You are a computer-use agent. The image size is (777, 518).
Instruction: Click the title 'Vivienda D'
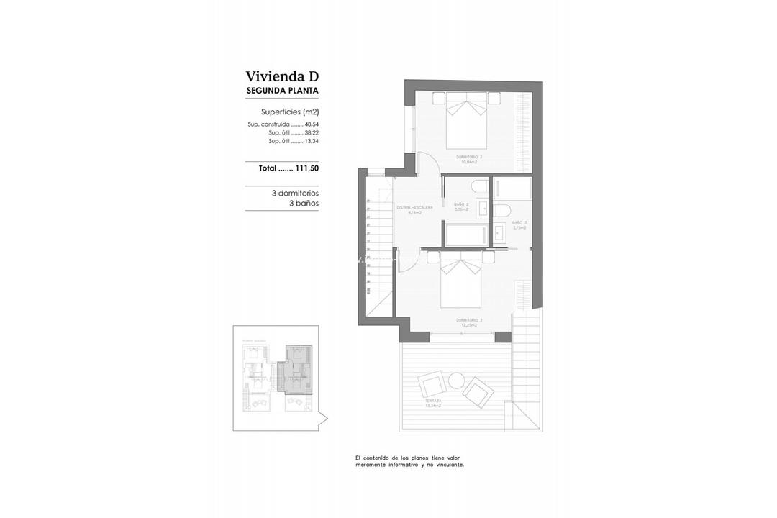tap(281, 76)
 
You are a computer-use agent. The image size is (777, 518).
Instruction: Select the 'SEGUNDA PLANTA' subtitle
tap(282, 91)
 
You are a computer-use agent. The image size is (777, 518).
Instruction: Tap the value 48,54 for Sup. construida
tap(311, 124)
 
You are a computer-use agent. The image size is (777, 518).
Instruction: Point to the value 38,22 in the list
tap(311, 133)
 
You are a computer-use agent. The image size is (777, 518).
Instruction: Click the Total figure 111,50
tap(306, 168)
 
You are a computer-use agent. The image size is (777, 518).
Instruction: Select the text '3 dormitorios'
tap(295, 194)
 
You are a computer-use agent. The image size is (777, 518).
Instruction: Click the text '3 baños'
tap(304, 204)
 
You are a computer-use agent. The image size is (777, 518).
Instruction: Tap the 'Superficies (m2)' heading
tap(289, 112)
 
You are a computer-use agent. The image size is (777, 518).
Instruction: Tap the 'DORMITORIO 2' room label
tap(468, 156)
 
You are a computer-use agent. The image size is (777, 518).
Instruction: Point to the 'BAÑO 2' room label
tap(461, 204)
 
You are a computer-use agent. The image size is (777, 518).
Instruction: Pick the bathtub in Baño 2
tap(468, 235)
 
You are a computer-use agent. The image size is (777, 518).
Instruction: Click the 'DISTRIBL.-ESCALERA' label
tap(414, 207)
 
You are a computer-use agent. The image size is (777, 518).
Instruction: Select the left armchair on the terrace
tap(432, 384)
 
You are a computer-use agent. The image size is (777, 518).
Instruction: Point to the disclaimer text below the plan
tap(409, 461)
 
